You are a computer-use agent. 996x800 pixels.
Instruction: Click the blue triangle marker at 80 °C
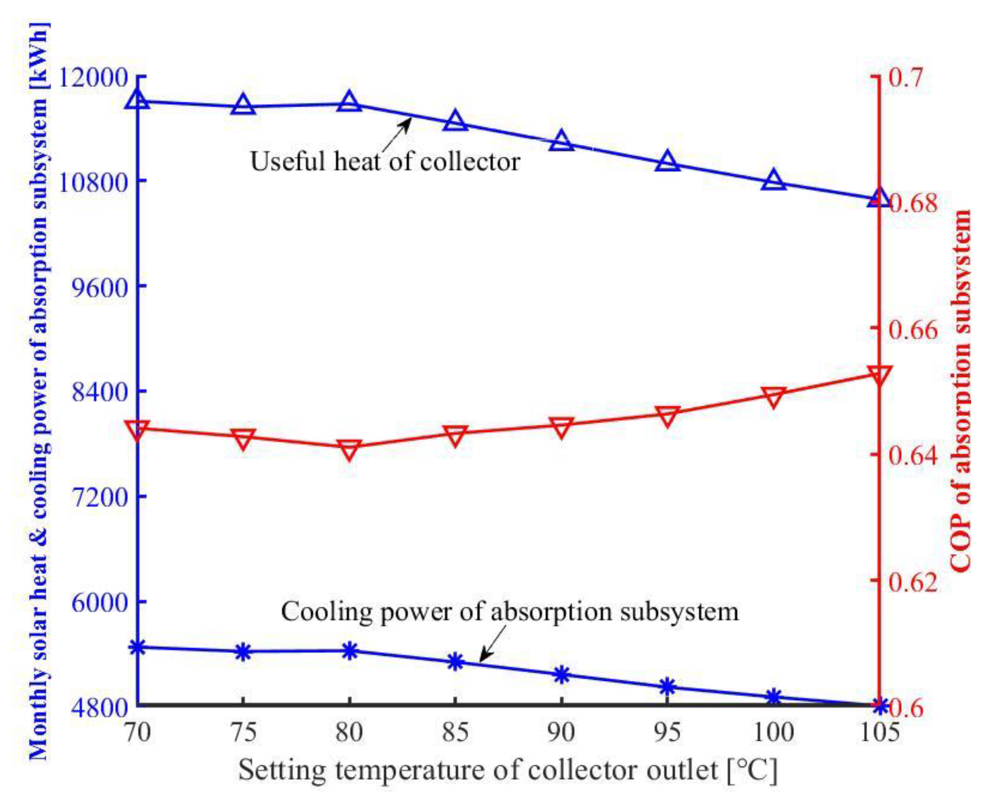click(x=349, y=102)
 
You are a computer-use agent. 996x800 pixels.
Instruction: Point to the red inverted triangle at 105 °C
click(x=879, y=376)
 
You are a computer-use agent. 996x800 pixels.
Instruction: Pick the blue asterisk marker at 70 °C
click(x=138, y=647)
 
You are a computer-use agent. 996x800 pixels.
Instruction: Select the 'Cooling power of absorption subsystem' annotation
click(x=510, y=612)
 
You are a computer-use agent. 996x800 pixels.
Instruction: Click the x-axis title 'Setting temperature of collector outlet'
click(x=507, y=770)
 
